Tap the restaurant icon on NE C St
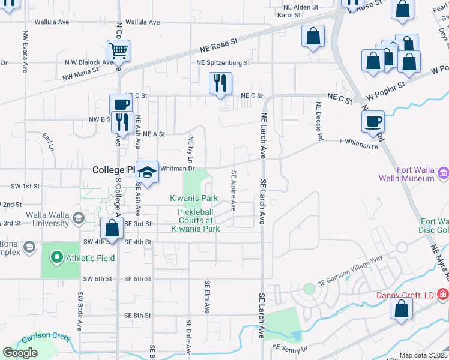click(x=220, y=83)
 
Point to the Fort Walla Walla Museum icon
click(x=444, y=173)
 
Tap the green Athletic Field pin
click(x=57, y=258)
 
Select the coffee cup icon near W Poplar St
click(x=373, y=121)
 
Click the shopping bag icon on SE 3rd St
click(x=112, y=228)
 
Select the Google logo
click(x=20, y=353)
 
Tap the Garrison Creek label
click(x=42, y=337)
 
